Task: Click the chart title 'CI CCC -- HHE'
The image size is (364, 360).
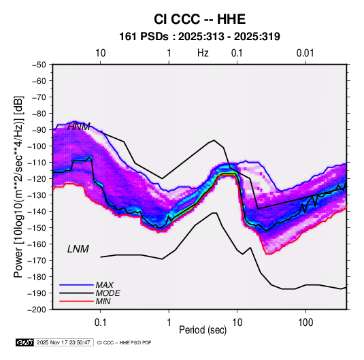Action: [199, 19]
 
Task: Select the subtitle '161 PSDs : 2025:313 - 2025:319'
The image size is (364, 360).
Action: [199, 37]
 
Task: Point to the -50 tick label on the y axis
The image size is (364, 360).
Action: [39, 65]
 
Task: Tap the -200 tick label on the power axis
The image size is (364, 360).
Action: [37, 310]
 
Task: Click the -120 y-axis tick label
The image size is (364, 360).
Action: [37, 179]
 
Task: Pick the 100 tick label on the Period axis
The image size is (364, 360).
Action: [305, 323]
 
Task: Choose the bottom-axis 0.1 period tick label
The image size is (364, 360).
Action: [100, 323]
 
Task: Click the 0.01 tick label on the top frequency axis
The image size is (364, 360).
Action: [305, 53]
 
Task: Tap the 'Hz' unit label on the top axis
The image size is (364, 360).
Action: [203, 53]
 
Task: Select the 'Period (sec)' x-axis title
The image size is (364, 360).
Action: [203, 330]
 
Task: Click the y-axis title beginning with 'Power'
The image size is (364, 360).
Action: [18, 187]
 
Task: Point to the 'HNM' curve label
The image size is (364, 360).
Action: [79, 127]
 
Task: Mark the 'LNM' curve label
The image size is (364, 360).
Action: [78, 249]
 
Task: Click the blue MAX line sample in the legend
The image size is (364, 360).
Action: [76, 285]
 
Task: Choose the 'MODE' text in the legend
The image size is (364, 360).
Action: [107, 293]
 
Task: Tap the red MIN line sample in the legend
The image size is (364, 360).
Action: [76, 301]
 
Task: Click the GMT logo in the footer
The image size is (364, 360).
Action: [25, 342]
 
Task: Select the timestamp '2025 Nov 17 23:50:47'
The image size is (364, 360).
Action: [63, 342]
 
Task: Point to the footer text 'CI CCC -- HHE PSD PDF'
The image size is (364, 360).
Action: [125, 342]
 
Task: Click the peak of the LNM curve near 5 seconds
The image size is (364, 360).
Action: [214, 213]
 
